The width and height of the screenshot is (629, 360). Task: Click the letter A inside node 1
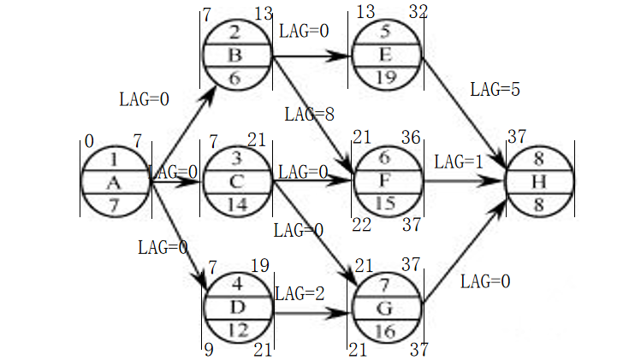click(x=114, y=183)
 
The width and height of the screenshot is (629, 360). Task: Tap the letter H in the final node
click(x=539, y=182)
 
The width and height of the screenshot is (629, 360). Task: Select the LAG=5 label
click(x=495, y=90)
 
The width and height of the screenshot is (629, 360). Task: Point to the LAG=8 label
click(x=309, y=115)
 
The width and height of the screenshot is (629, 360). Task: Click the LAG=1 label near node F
click(x=459, y=162)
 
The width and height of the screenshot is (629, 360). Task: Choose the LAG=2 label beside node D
click(x=300, y=294)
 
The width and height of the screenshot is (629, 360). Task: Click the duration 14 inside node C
click(x=237, y=205)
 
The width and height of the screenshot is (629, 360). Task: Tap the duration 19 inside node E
click(x=386, y=77)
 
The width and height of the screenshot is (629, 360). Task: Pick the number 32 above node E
click(x=418, y=12)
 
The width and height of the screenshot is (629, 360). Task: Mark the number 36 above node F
click(x=411, y=138)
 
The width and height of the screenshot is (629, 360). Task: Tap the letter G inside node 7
click(x=384, y=309)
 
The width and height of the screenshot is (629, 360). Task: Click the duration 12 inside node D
click(x=238, y=330)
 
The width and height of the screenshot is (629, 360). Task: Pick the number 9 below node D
click(x=209, y=350)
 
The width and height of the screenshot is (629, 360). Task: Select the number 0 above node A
click(x=89, y=141)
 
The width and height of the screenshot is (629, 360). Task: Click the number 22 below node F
click(x=361, y=225)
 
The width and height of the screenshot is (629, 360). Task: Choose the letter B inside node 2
click(x=235, y=55)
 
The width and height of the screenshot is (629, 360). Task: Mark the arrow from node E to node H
click(x=464, y=111)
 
